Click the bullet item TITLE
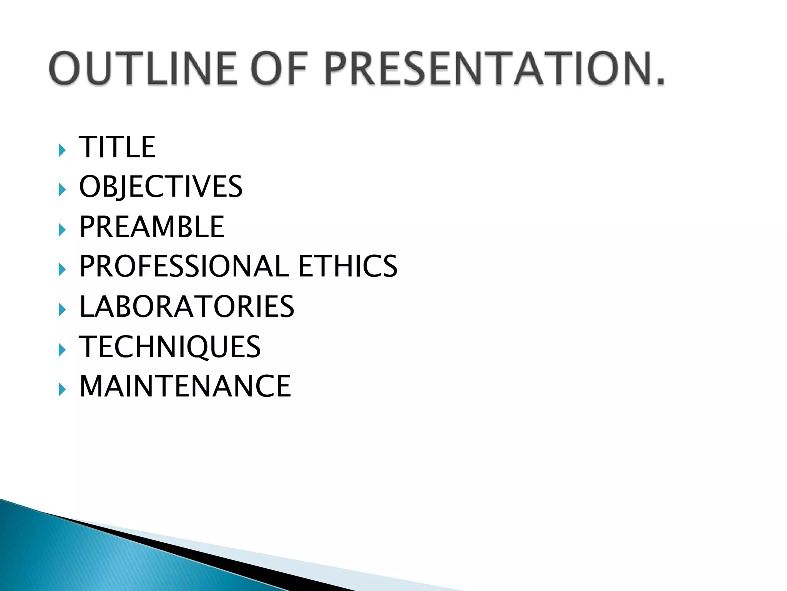117,147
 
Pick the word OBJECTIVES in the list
161,187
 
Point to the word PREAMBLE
152,227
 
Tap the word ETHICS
348,266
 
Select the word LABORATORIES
187,306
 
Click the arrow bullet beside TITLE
62,150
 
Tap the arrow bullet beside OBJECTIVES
62,190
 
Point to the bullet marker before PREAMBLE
62,230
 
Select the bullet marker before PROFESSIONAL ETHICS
62,269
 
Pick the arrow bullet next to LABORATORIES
62,310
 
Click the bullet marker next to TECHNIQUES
62,350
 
